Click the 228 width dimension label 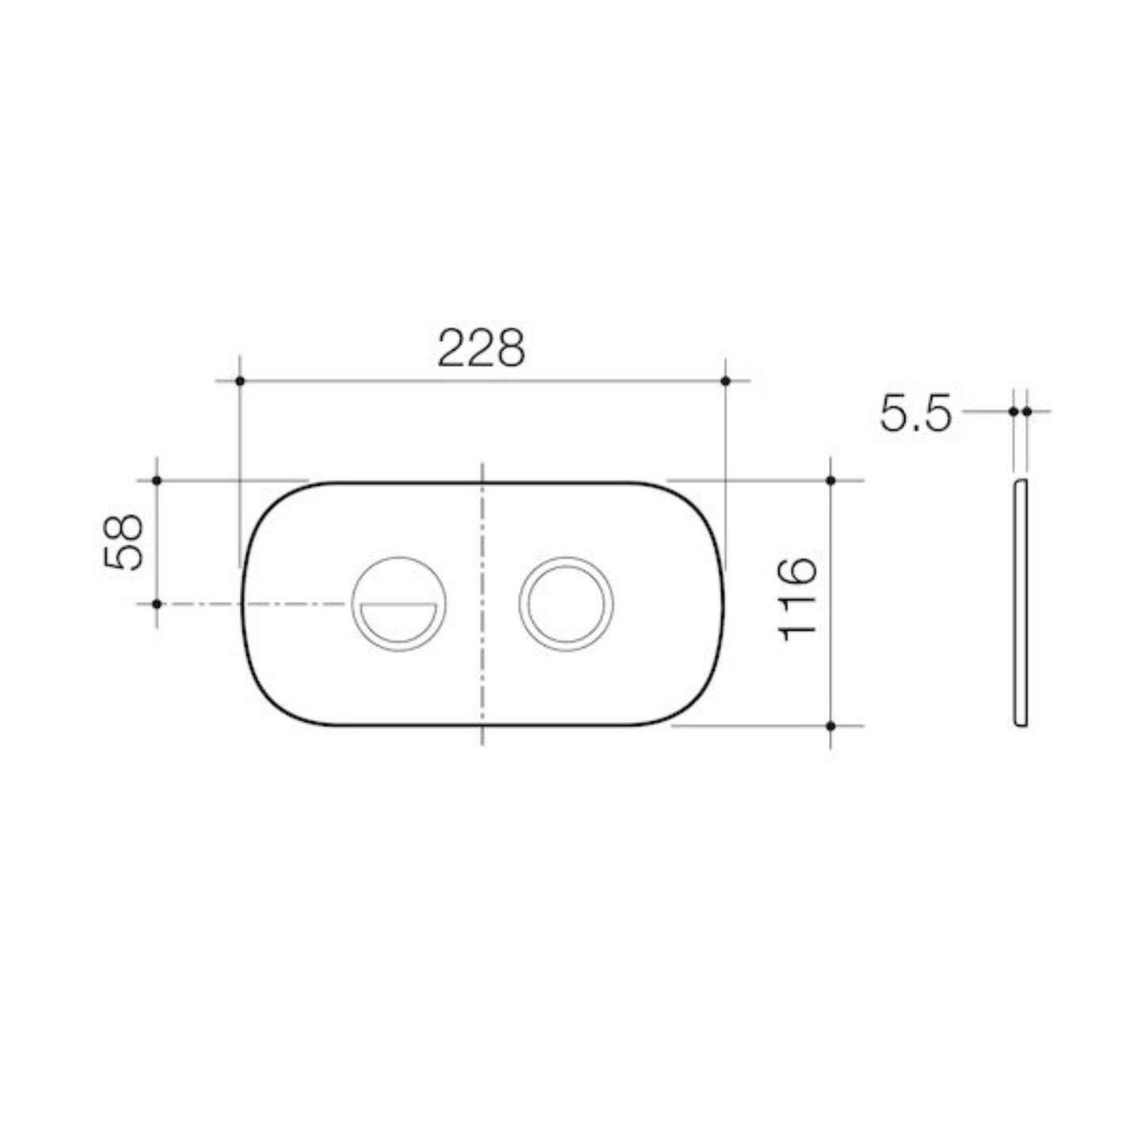pos(481,348)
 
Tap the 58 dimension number pos(124,542)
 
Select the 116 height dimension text pos(796,599)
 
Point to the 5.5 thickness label pos(915,412)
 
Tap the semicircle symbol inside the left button pos(397,622)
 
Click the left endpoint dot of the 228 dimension pos(240,381)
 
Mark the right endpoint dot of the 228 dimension pos(725,381)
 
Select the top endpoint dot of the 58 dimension pos(157,481)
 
